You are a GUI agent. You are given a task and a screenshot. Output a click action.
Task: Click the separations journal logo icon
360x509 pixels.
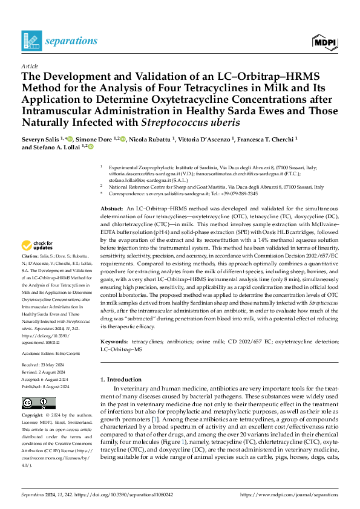tap(31, 41)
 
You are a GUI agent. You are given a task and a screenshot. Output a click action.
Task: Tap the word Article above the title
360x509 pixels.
tap(29, 65)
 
